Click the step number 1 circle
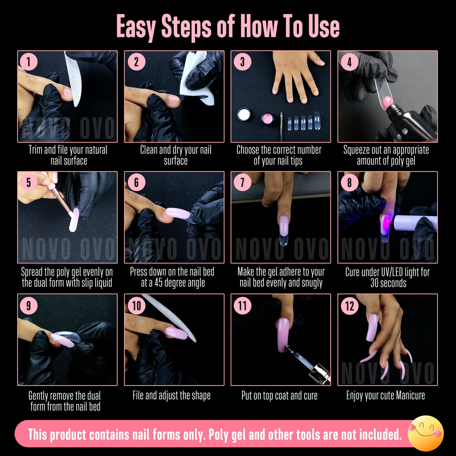[28, 62]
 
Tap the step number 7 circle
[242, 182]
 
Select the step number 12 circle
[350, 306]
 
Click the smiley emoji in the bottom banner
[426, 433]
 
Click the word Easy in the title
[136, 27]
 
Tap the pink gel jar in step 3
[268, 119]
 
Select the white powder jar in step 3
[244, 114]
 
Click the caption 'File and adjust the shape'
[171, 395]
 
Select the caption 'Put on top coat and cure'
[279, 395]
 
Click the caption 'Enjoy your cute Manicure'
[386, 395]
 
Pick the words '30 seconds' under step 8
[388, 283]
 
